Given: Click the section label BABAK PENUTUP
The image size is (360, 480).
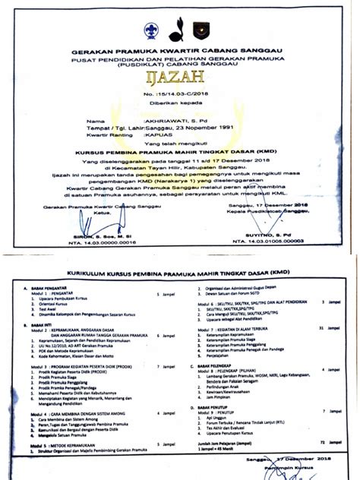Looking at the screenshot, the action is [x=216, y=406].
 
